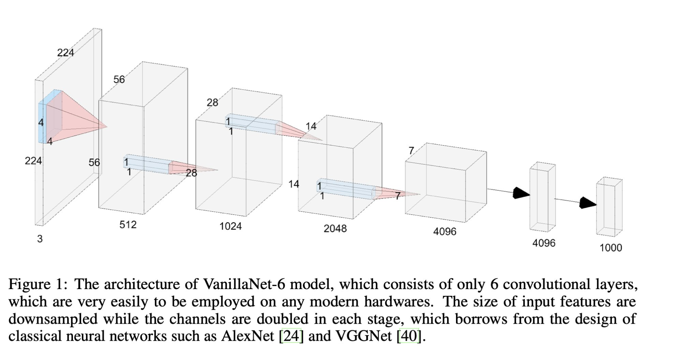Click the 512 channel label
[128, 225]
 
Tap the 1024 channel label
[231, 226]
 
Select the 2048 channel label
[335, 228]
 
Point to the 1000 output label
[611, 248]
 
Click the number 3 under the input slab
[40, 239]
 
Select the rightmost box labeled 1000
[609, 207]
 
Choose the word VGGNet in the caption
[363, 336]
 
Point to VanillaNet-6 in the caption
[244, 284]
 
